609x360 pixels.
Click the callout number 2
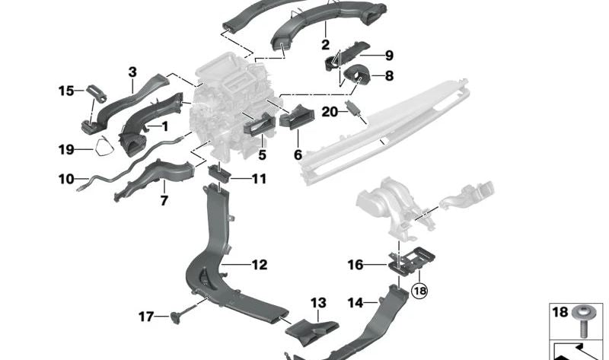tap(325, 45)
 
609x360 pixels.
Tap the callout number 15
tap(65, 91)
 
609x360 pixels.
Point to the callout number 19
tap(65, 150)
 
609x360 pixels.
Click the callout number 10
tap(65, 180)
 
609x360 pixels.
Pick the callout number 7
tap(163, 201)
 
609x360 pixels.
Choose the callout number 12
tap(260, 265)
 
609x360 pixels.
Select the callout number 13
tap(317, 303)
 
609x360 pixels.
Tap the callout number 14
tap(355, 303)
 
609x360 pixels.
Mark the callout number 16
tap(356, 265)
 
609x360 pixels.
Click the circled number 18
tap(419, 291)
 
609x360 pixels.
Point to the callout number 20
tap(329, 112)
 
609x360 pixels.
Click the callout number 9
tap(388, 56)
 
